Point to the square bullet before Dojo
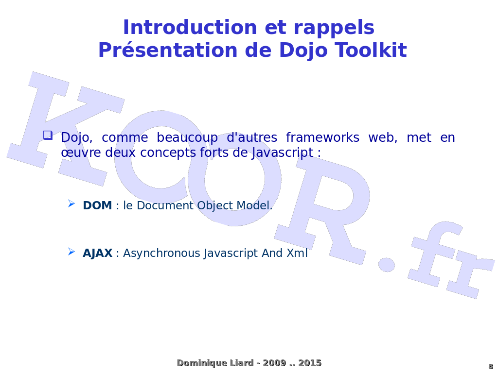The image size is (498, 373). pos(47,135)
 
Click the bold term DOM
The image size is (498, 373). pos(97,205)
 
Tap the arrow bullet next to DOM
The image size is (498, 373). pos(71,203)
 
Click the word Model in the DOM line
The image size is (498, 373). pos(256,205)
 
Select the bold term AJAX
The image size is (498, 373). pos(97,253)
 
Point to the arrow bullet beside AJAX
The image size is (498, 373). pos(71,251)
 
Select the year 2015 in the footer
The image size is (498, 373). pos(310,363)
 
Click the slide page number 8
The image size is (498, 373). pos(490,366)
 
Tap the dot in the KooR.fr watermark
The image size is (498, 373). pos(387,265)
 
